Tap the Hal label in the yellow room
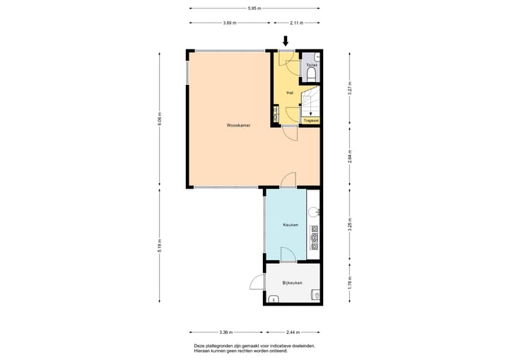(x=289, y=93)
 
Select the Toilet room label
(x=312, y=65)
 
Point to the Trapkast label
(x=311, y=121)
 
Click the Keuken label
(x=290, y=225)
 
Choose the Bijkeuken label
(x=292, y=282)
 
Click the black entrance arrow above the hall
(x=286, y=41)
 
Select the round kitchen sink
(x=315, y=211)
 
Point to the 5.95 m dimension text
(x=254, y=8)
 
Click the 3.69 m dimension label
(x=229, y=23)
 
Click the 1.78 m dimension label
(x=349, y=283)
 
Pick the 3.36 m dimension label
(x=226, y=332)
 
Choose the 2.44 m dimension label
(x=293, y=332)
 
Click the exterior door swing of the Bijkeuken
(x=257, y=283)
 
